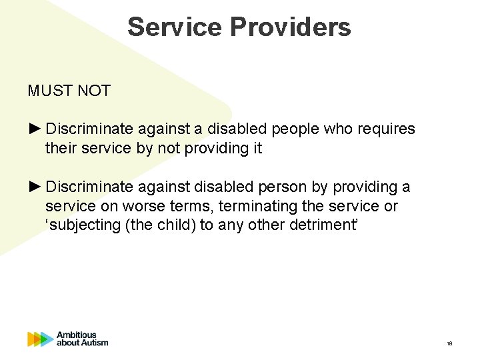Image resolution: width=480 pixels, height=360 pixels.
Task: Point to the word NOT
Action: (94, 91)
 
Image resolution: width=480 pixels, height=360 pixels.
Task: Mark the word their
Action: (61, 148)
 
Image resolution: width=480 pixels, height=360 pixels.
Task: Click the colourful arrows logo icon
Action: (40, 339)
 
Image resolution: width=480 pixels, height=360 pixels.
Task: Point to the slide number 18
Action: (449, 344)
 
